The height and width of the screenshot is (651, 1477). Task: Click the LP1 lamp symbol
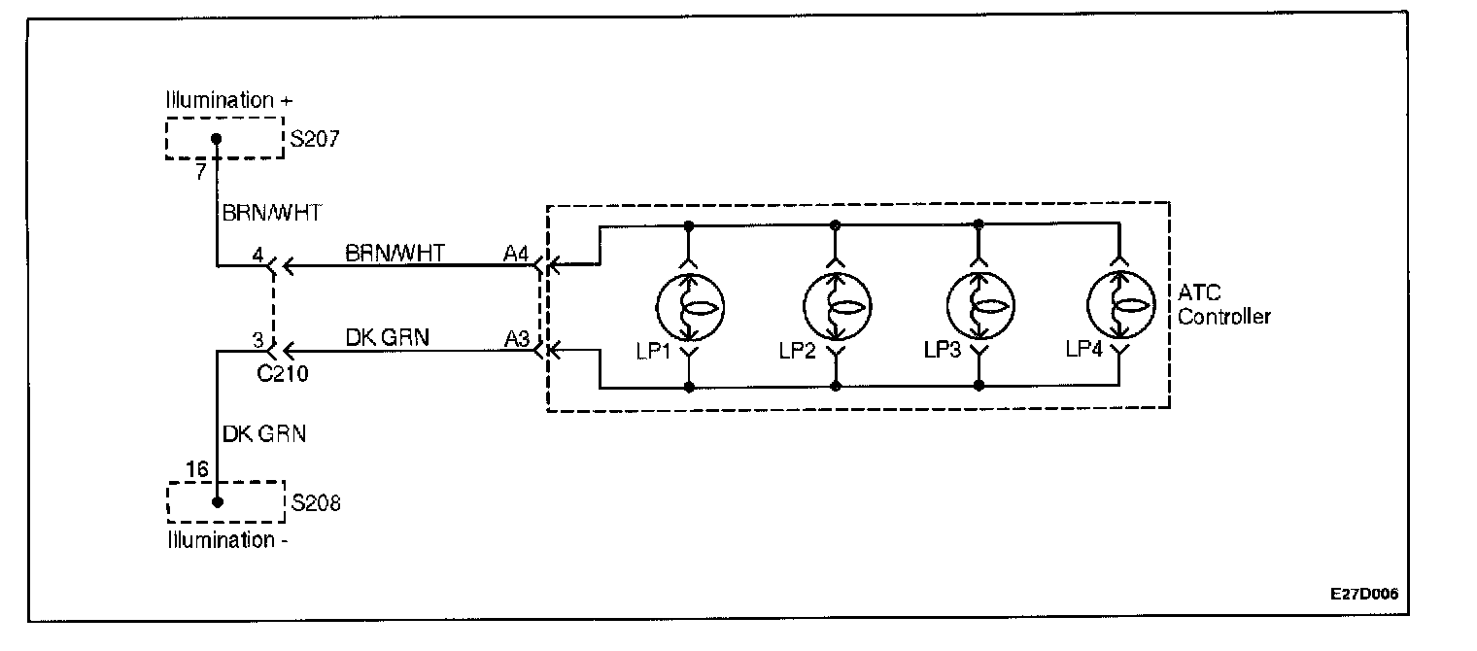[x=688, y=306]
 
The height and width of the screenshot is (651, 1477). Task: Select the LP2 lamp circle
[x=835, y=306]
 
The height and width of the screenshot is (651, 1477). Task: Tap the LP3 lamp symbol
[x=979, y=306]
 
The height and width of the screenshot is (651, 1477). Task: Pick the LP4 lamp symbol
[x=1118, y=306]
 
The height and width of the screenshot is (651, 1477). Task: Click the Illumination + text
[x=229, y=100]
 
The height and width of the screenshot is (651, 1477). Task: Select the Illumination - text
[x=225, y=540]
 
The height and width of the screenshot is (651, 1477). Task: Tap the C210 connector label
[x=285, y=373]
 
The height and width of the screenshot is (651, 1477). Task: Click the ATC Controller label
[x=1223, y=304]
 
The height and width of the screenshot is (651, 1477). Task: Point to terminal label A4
[x=517, y=254]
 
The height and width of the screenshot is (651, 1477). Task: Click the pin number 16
[x=196, y=470]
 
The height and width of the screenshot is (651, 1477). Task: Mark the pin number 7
[x=200, y=172]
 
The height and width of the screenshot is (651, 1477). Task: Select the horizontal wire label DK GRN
[x=387, y=337]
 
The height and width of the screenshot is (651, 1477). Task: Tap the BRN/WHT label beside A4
[x=395, y=253]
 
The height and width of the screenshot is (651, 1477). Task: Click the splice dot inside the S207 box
[x=217, y=139]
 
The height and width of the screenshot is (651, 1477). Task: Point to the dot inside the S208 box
[x=217, y=502]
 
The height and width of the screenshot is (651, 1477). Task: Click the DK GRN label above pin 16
[x=264, y=434]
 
